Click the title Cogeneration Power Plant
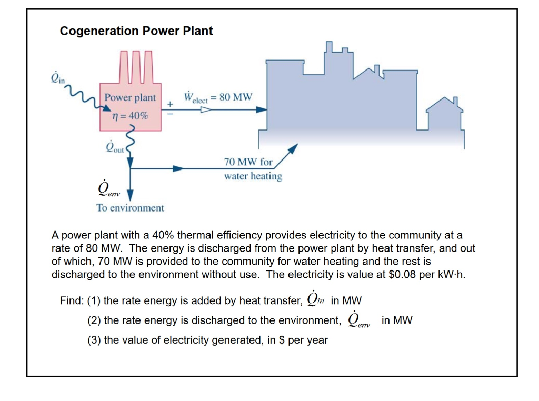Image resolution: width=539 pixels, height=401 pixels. pos(136,31)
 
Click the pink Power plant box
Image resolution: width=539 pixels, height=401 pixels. pos(130,107)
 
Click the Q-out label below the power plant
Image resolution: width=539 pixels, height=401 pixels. pos(114,147)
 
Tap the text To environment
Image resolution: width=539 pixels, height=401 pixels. pos(130,208)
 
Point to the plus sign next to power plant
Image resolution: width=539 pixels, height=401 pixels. pos(170,104)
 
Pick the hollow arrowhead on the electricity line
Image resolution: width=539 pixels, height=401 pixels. pos(206,110)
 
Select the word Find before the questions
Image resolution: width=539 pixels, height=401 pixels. pos(71,301)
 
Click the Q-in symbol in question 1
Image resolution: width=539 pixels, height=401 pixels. pos(315,299)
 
